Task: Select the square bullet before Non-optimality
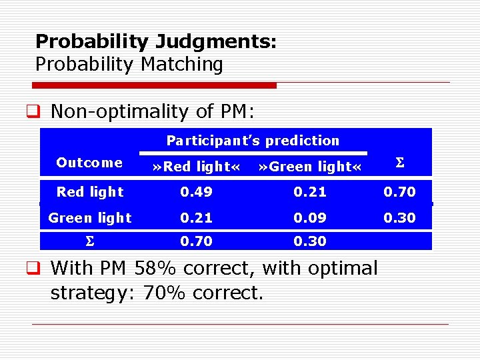click(x=39, y=111)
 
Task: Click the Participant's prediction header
click(x=253, y=141)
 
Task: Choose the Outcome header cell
click(x=89, y=163)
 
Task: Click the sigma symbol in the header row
click(x=399, y=163)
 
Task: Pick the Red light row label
click(x=89, y=192)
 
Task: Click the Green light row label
click(x=89, y=217)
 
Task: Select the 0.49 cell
click(x=197, y=192)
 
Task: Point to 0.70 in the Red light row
click(x=399, y=192)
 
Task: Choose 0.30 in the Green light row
click(x=399, y=217)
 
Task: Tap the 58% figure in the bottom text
click(x=159, y=269)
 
